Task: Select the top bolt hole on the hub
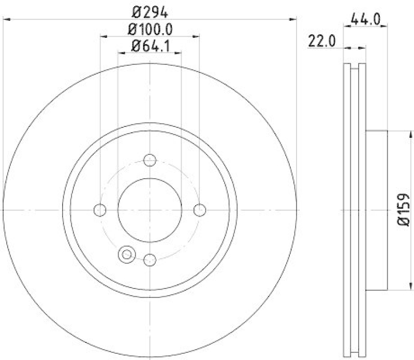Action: [150, 160]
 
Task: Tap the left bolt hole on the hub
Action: [100, 210]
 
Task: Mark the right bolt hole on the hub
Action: [199, 210]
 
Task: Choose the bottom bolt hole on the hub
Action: [150, 259]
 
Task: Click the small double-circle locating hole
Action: [126, 254]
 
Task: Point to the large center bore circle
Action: [150, 210]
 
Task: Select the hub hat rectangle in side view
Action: [377, 210]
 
